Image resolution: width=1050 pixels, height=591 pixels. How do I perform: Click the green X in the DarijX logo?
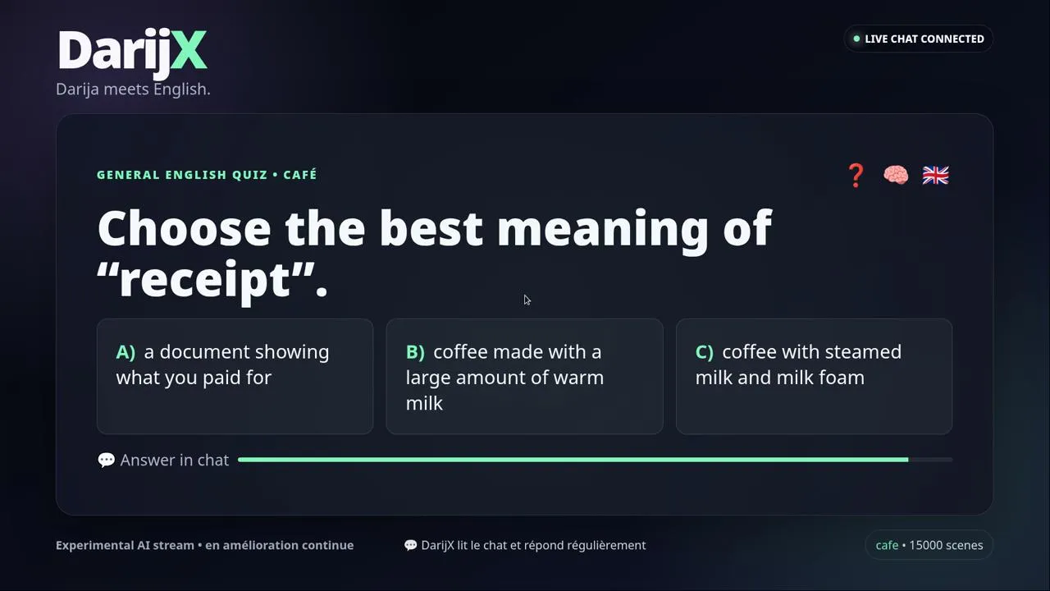point(189,50)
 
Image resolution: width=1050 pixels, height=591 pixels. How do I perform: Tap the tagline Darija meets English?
point(133,89)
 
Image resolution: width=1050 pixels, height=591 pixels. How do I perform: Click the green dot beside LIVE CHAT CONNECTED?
point(856,39)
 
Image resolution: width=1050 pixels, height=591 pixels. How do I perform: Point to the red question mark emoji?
point(856,176)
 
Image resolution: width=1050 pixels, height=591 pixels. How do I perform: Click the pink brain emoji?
point(896,175)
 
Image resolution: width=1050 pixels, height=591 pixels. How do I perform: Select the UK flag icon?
point(936,176)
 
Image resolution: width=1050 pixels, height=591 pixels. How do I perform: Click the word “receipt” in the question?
point(206,280)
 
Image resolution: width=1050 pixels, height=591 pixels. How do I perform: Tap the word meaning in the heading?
point(602,229)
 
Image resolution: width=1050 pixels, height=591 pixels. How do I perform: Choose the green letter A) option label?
point(126,352)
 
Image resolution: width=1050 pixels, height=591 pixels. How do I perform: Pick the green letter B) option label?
point(415,352)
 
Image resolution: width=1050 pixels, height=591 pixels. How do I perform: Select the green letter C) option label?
point(705,352)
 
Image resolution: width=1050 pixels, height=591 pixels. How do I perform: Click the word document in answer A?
point(203,352)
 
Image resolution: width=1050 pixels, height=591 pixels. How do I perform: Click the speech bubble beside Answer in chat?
point(107,460)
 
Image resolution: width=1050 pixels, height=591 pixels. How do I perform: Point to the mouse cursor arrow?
point(527,300)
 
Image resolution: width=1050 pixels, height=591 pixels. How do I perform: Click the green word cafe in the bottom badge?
point(887,545)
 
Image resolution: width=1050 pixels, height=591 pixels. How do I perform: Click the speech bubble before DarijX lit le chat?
point(411,545)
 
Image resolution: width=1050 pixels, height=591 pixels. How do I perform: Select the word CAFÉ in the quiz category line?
point(300,175)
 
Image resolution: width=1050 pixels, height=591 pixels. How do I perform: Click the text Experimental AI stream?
point(125,545)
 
